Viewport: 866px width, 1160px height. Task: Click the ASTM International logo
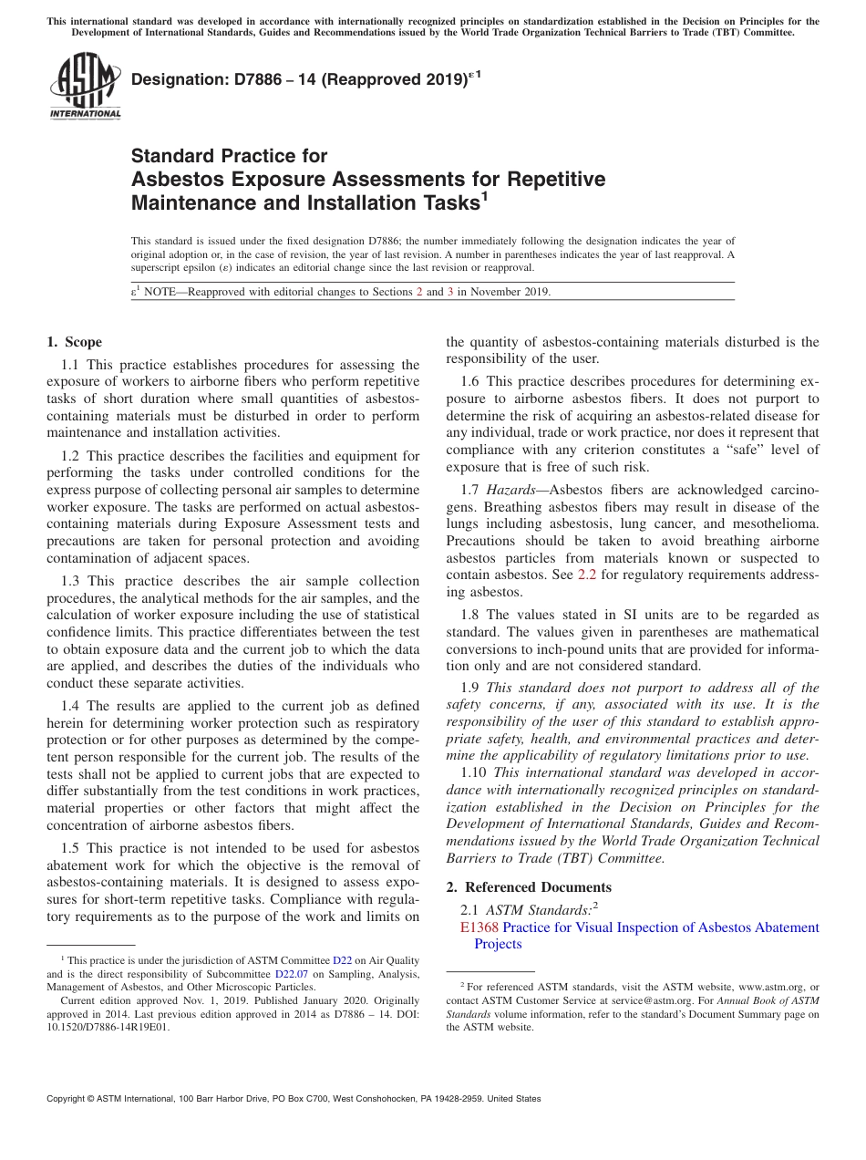(x=84, y=87)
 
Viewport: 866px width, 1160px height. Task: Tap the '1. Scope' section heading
(x=74, y=343)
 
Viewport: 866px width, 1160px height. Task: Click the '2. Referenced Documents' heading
(x=529, y=887)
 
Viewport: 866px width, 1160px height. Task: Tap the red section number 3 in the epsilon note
(x=450, y=292)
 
